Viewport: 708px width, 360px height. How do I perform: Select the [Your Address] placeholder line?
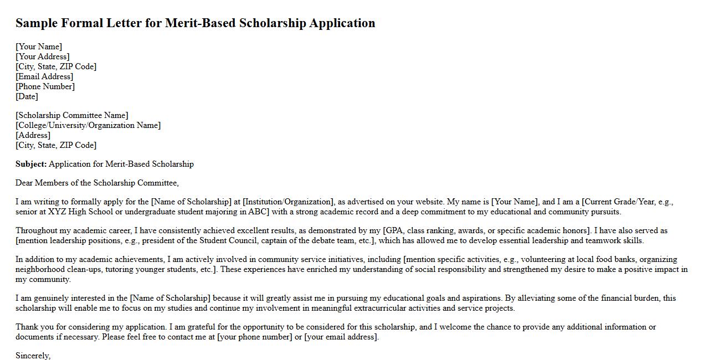click(x=43, y=56)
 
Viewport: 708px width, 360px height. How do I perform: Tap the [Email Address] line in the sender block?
click(x=44, y=76)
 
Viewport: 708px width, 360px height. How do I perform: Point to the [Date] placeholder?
click(x=27, y=96)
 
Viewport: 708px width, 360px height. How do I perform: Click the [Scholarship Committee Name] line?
click(x=72, y=115)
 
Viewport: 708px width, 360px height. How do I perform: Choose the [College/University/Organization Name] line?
click(x=88, y=125)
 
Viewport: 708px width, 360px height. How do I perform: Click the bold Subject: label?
click(x=31, y=164)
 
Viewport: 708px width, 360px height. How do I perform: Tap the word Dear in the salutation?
click(x=24, y=183)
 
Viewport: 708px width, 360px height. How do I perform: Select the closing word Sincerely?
click(x=33, y=356)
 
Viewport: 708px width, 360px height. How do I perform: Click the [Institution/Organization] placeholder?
click(x=288, y=202)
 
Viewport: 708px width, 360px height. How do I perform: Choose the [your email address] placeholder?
click(x=341, y=337)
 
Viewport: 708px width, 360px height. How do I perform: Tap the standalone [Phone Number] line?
click(x=45, y=86)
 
